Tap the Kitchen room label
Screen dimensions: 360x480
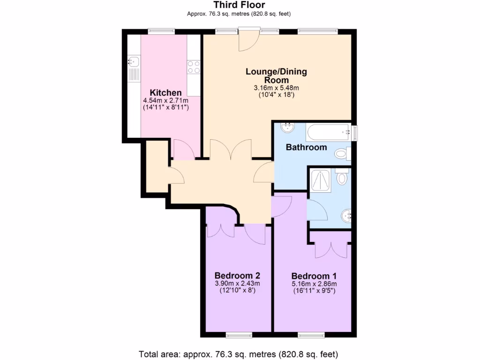pyautogui.click(x=165, y=92)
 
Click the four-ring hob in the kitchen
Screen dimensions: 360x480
pyautogui.click(x=194, y=67)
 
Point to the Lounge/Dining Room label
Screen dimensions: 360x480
pyautogui.click(x=276, y=75)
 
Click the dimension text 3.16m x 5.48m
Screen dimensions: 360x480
pyautogui.click(x=276, y=88)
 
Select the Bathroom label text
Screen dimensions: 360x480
pyautogui.click(x=306, y=147)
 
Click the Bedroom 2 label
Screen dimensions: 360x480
pyautogui.click(x=237, y=275)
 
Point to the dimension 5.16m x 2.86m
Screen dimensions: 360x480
pyautogui.click(x=314, y=284)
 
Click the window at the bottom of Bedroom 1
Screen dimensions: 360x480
pyautogui.click(x=310, y=335)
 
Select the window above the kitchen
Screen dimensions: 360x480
pyautogui.click(x=161, y=31)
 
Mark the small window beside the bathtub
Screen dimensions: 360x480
pyautogui.click(x=354, y=133)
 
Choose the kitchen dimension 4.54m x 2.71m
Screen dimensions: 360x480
pyautogui.click(x=165, y=100)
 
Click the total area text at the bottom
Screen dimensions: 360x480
pyautogui.click(x=239, y=353)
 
